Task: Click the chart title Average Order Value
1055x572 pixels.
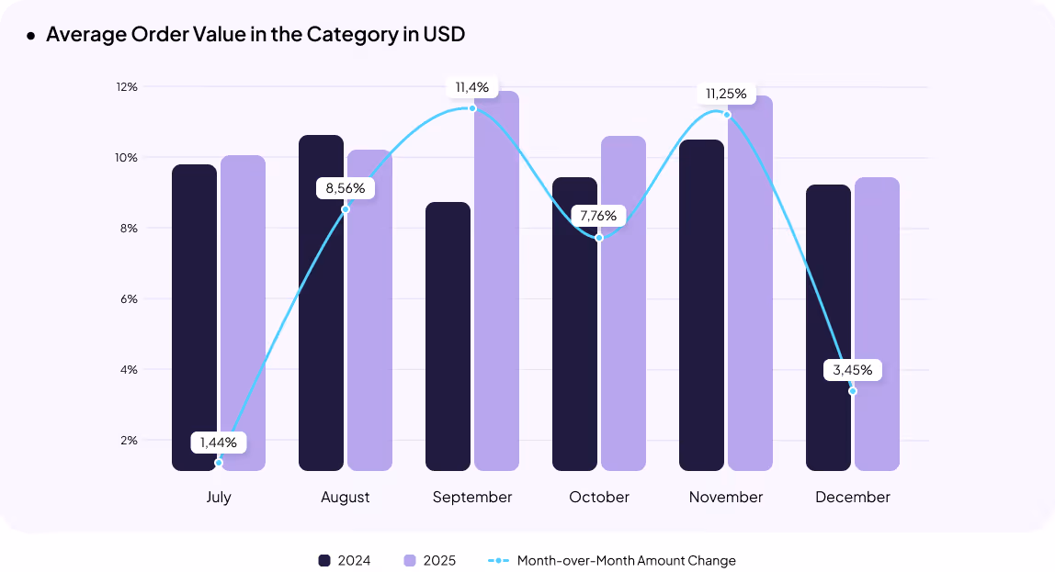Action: pyautogui.click(x=255, y=35)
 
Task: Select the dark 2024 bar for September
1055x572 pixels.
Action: pyautogui.click(x=448, y=340)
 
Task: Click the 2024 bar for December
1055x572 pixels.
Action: pyautogui.click(x=828, y=331)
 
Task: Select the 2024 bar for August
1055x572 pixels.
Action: pyautogui.click(x=321, y=303)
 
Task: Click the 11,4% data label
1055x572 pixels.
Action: pyautogui.click(x=472, y=88)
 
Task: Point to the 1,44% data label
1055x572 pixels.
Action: pyautogui.click(x=219, y=443)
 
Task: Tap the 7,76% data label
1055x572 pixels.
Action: pyautogui.click(x=599, y=217)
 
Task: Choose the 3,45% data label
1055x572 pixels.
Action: pyautogui.click(x=853, y=371)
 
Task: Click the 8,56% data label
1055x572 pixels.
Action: pyautogui.click(x=346, y=188)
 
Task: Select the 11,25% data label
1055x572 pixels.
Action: pyautogui.click(x=726, y=94)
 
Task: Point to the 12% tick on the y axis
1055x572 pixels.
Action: pyautogui.click(x=126, y=87)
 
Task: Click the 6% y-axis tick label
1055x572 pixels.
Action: pyautogui.click(x=128, y=299)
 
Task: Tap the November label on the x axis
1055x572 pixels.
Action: pyautogui.click(x=726, y=497)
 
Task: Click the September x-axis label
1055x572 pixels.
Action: pyautogui.click(x=472, y=497)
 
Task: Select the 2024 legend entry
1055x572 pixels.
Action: pyautogui.click(x=345, y=560)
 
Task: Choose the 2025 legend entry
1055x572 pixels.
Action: pyautogui.click(x=429, y=560)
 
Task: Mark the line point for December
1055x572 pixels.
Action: pyautogui.click(x=853, y=391)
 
